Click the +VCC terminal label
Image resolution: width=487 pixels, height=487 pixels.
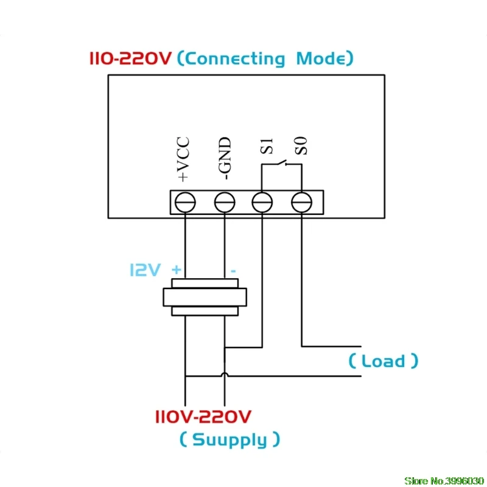(x=183, y=159)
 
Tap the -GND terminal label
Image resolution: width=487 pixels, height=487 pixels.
(x=225, y=158)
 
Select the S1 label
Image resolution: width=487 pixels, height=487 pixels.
(x=267, y=146)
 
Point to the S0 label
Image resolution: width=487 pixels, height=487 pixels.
(x=301, y=145)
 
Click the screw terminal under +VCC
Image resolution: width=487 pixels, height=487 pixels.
(x=185, y=202)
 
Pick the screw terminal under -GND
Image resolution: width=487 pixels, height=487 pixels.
(x=225, y=202)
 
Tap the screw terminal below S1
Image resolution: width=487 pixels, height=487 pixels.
(x=262, y=202)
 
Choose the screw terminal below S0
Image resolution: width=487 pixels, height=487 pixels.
(x=301, y=202)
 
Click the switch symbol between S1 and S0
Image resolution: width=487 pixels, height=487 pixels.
(x=282, y=163)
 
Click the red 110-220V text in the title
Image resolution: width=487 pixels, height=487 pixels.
(x=130, y=58)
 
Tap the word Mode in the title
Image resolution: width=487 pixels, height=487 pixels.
(x=321, y=58)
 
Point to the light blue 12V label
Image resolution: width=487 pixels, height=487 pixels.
(x=145, y=270)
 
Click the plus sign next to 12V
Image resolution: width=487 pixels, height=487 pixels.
(x=177, y=269)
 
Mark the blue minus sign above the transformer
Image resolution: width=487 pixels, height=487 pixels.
(x=233, y=271)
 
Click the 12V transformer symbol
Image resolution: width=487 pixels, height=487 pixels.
(x=205, y=297)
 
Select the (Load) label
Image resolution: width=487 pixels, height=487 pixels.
(x=384, y=361)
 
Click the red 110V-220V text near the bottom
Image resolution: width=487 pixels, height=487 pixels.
(x=203, y=417)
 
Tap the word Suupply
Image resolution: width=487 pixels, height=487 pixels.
(x=229, y=440)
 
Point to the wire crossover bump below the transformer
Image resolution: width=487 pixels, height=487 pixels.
(x=225, y=374)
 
